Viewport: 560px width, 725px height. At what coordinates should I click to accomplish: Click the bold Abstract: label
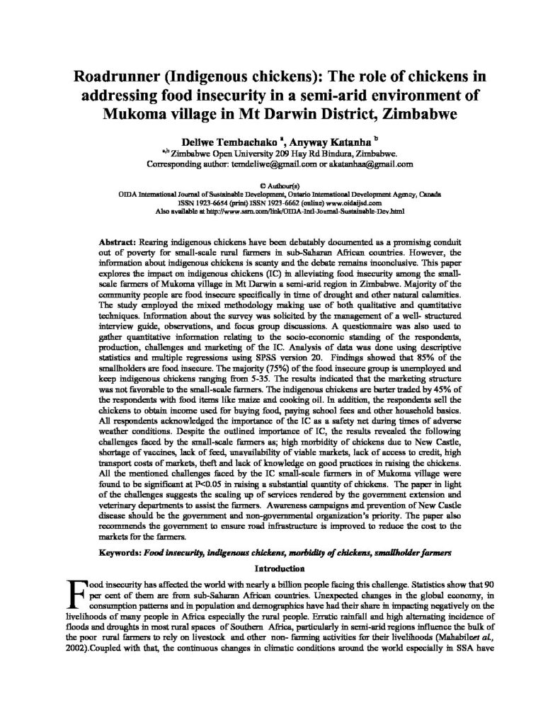pos(115,241)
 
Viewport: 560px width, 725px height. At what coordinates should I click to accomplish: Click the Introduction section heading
pos(280,567)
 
